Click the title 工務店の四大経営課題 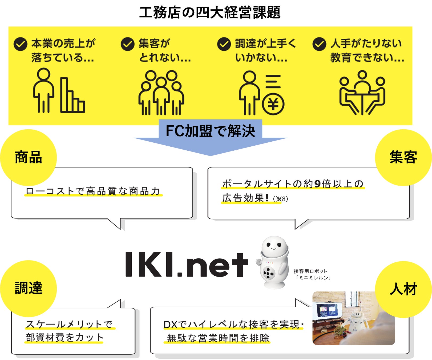(210, 12)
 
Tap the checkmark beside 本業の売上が (21, 44)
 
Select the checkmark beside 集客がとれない (127, 44)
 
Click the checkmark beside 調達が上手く (224, 44)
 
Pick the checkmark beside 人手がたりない (319, 44)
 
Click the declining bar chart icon (72, 96)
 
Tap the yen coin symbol (273, 104)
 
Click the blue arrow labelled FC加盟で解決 (210, 136)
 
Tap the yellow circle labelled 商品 (29, 157)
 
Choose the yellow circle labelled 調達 (29, 288)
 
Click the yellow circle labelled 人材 (403, 289)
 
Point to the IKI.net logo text (187, 264)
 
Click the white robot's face (274, 245)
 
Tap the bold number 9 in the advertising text (317, 184)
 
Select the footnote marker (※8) (281, 199)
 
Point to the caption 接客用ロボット (310, 271)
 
